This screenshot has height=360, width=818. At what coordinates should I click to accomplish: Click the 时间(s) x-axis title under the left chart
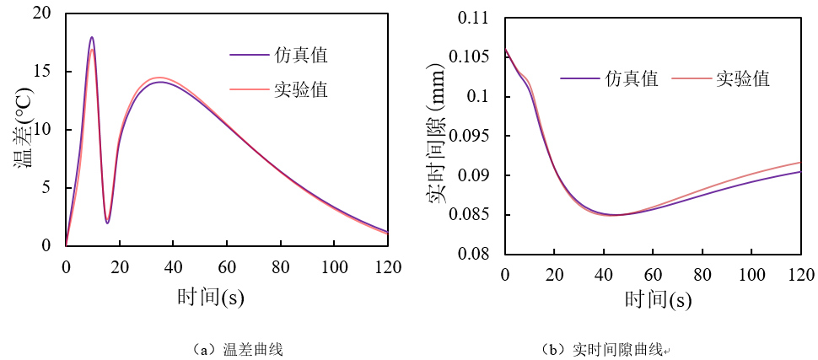[211, 298]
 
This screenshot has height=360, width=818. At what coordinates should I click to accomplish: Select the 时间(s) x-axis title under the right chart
[659, 298]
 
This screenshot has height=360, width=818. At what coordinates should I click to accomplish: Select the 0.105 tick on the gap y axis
[470, 57]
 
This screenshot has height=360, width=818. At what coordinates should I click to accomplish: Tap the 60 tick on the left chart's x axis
[227, 267]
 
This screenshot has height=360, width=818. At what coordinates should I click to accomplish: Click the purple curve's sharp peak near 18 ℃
[91, 37]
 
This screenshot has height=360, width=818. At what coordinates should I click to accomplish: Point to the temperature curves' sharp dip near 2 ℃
[107, 223]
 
